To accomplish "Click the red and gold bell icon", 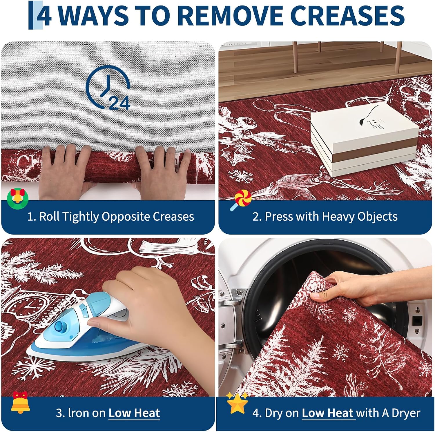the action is (x=20, y=402).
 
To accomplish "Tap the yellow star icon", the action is (x=237, y=403).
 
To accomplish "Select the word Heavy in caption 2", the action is (x=338, y=217).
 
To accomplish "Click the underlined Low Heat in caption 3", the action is (x=134, y=413).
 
